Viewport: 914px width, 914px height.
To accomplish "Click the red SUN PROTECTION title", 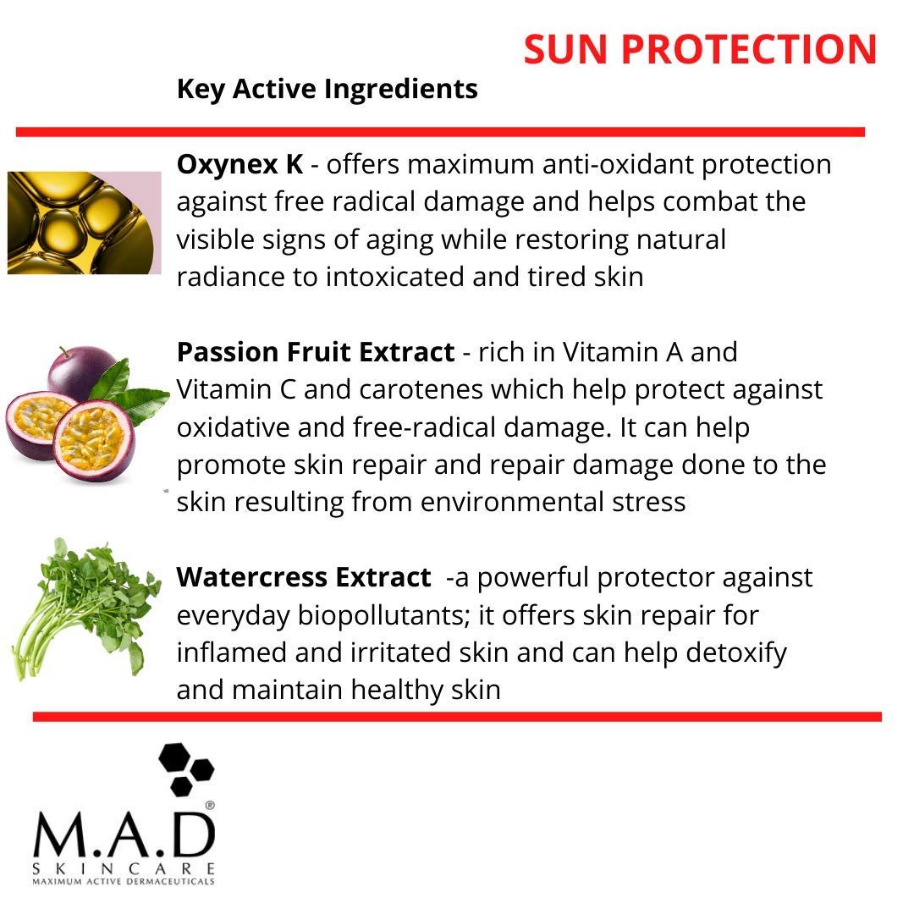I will click(x=700, y=50).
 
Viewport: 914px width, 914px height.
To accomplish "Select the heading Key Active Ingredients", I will click(x=327, y=89).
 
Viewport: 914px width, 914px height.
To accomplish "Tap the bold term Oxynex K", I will click(x=240, y=164).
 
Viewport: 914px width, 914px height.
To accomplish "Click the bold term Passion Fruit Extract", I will click(x=315, y=352).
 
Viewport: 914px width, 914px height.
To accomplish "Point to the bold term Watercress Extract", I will click(x=303, y=578).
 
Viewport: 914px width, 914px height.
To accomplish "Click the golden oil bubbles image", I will click(x=83, y=223).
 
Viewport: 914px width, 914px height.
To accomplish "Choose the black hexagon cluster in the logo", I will click(x=186, y=768).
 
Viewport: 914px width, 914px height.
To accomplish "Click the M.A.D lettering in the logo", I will click(x=124, y=836).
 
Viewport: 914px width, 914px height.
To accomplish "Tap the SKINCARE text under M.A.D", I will click(x=124, y=869).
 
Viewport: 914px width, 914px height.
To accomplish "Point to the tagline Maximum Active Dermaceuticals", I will click(x=124, y=882).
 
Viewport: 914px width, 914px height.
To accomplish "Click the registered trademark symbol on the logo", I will click(x=210, y=806).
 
